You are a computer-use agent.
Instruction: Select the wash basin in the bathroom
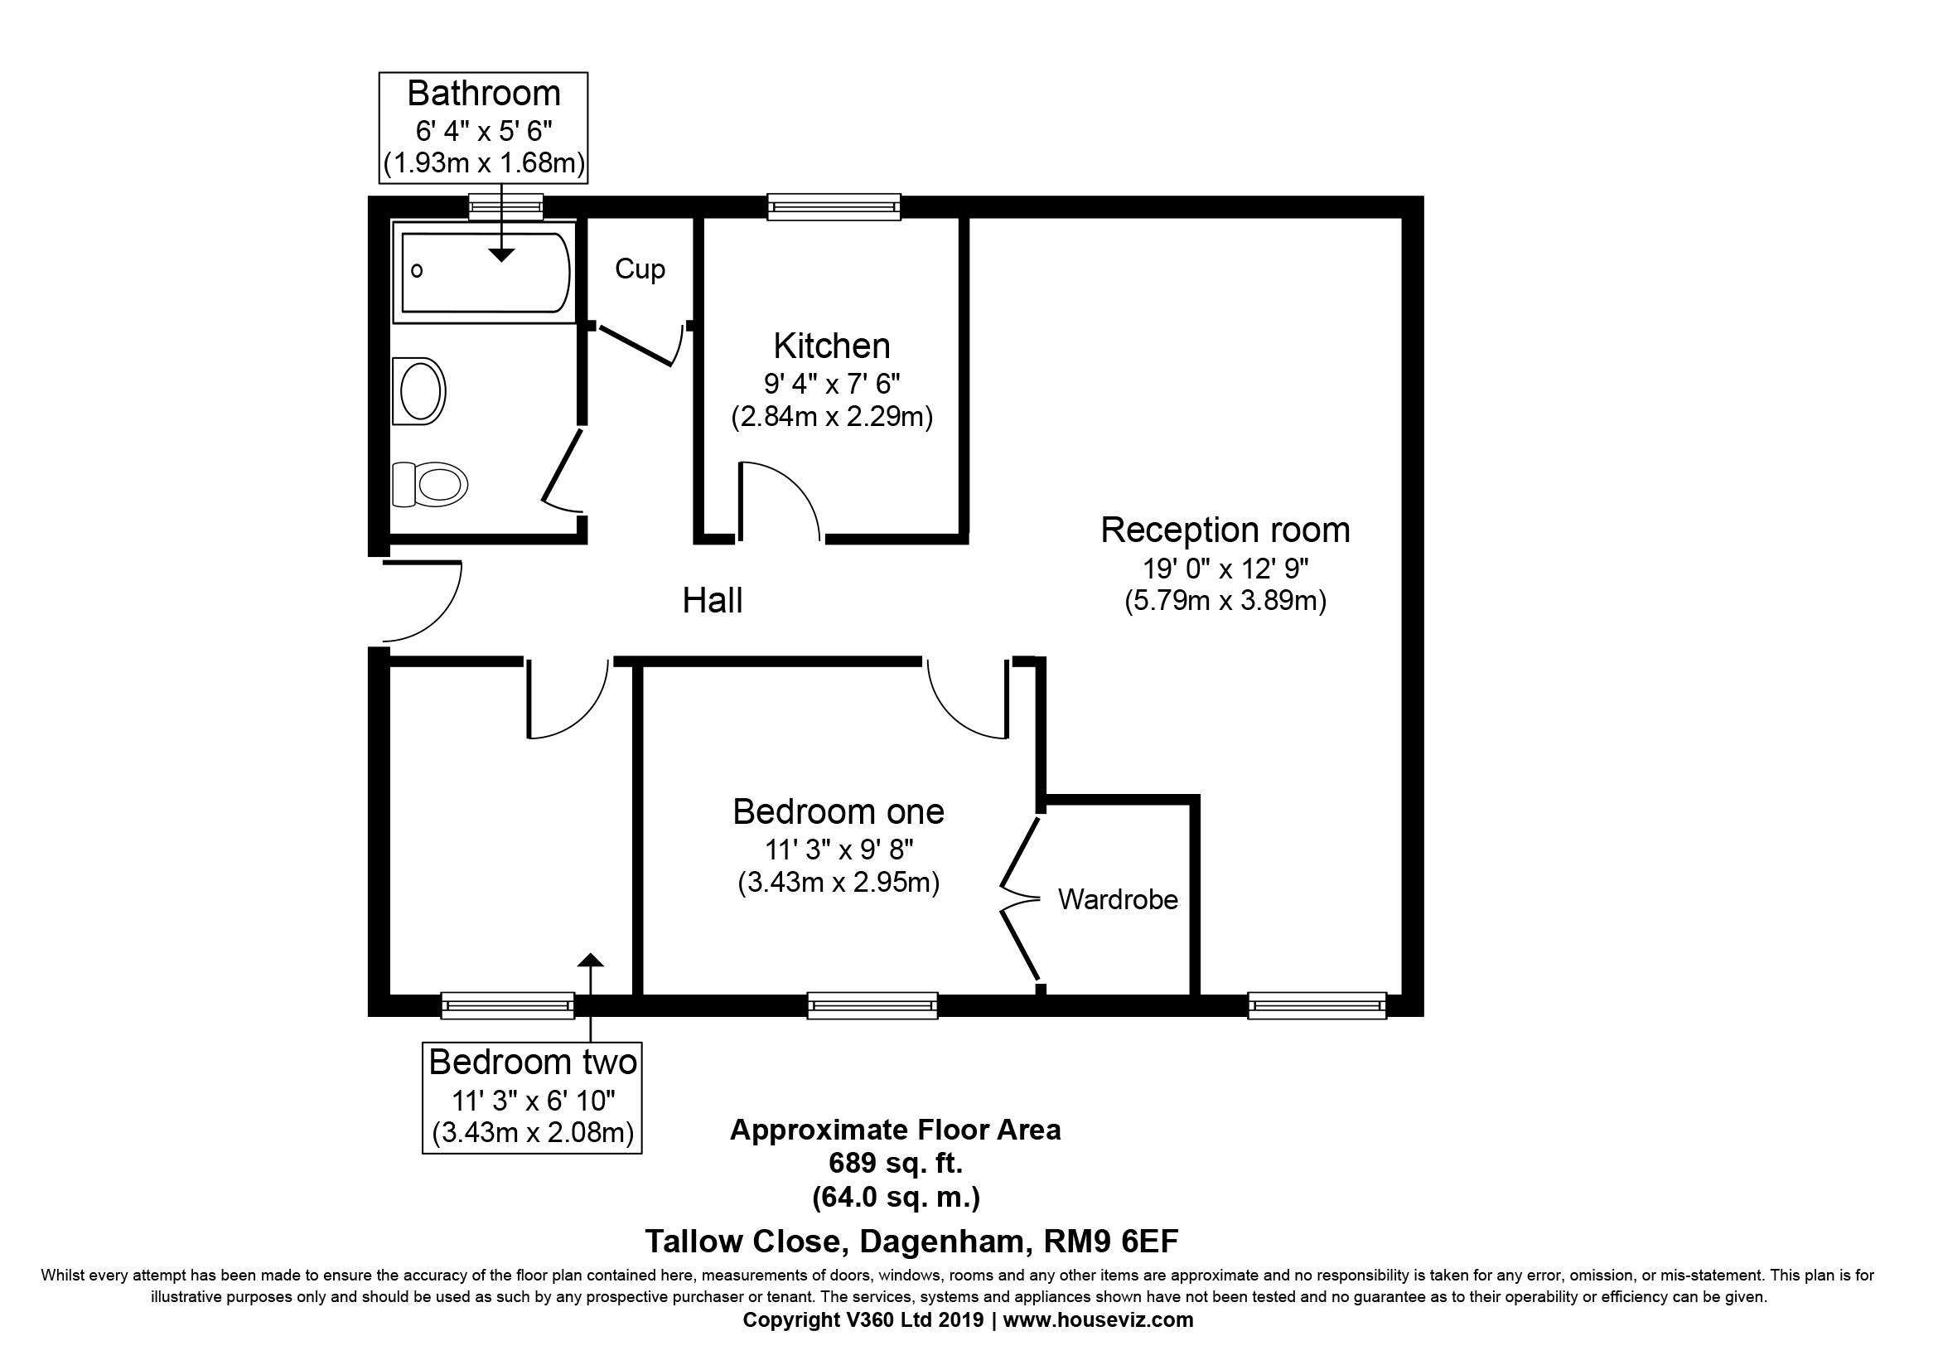point(418,391)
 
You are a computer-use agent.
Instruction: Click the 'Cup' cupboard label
point(640,269)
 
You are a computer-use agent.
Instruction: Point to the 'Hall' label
point(713,600)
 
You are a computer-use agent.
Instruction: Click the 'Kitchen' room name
point(831,346)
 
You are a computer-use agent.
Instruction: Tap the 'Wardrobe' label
point(1118,899)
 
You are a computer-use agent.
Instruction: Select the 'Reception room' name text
point(1225,530)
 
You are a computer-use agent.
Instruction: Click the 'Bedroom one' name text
point(839,811)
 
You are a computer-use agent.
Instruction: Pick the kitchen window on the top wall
point(834,207)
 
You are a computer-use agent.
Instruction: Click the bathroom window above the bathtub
point(505,207)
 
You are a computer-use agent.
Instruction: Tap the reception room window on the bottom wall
point(1317,1005)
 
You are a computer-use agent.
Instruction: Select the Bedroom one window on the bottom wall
point(872,1005)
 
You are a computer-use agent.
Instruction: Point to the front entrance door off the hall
point(422,602)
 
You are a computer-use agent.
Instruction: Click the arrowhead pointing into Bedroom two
point(590,960)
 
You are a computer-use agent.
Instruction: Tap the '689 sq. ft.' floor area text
point(896,1163)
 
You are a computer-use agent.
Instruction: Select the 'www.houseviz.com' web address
point(1098,1319)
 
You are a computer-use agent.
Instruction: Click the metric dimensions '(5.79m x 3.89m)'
point(1225,600)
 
